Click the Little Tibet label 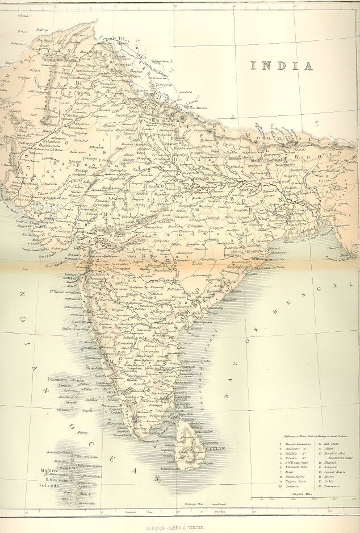tap(116, 39)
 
